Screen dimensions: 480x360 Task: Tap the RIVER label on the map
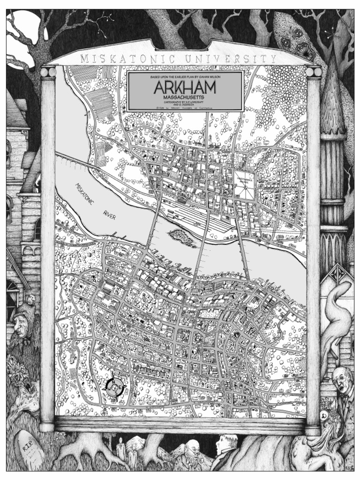(x=109, y=215)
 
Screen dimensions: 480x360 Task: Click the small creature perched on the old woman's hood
(x=31, y=300)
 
